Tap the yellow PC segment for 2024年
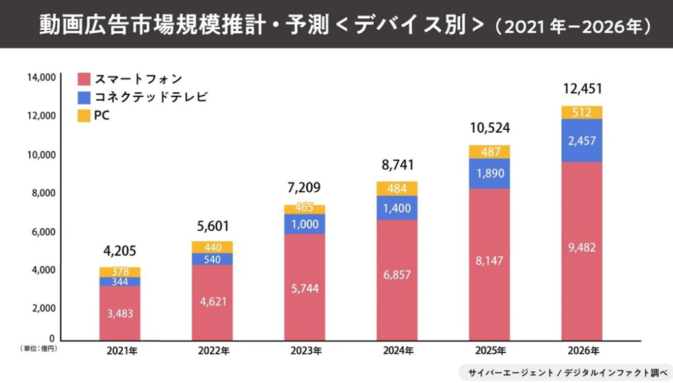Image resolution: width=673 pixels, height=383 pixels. coord(397,189)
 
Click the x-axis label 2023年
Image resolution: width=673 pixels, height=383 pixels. coord(305,351)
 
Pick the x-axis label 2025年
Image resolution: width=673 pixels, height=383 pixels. coord(490,351)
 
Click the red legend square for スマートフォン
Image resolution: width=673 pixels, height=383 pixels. coord(83,79)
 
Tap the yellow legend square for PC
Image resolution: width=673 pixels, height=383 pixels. coord(83,116)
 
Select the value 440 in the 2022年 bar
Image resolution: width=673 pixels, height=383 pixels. coord(212,247)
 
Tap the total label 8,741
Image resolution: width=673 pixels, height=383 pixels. coord(397,165)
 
